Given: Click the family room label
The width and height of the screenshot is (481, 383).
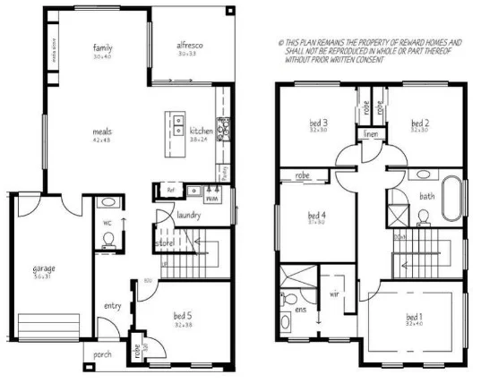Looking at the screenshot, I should [x=102, y=47].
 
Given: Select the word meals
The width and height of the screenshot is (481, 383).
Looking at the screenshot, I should [x=102, y=131].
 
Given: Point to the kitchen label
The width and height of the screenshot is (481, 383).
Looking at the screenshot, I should [x=201, y=132].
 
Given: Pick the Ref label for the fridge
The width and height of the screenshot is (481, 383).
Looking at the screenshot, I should [x=169, y=190].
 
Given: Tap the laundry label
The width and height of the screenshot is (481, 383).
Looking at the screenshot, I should [x=188, y=215].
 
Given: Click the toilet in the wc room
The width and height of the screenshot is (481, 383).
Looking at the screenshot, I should [x=108, y=238].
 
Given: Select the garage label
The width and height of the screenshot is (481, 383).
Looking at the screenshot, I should [x=45, y=268].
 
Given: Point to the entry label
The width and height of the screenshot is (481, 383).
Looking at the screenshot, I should [x=112, y=306].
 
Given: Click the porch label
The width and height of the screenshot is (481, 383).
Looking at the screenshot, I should [x=104, y=354].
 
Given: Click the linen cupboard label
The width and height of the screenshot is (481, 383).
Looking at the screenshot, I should [x=371, y=134].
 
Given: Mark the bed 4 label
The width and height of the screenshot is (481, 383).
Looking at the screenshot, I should [x=317, y=215].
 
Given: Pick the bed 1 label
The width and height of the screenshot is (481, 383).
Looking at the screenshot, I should [x=413, y=317].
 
